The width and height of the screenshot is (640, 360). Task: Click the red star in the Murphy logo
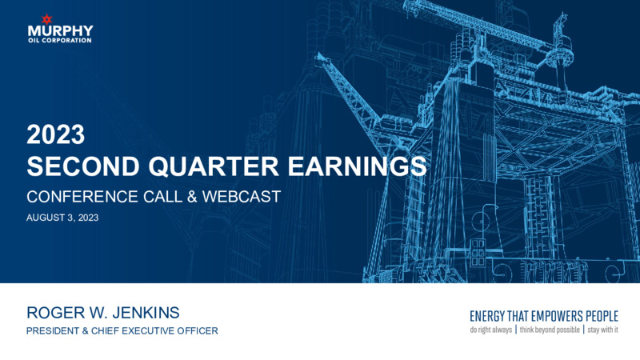tap(46, 19)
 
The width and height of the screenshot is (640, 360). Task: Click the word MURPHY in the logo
tap(61, 31)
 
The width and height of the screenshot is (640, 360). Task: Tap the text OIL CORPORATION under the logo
tap(60, 41)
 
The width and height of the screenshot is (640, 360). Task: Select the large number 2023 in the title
tap(55, 134)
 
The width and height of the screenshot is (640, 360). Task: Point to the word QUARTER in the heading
tap(214, 166)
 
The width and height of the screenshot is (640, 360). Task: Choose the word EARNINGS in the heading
tap(357, 166)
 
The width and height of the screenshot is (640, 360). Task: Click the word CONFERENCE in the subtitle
tap(82, 197)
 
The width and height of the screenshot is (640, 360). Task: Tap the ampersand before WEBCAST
tap(192, 197)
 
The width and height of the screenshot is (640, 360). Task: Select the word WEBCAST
tap(242, 197)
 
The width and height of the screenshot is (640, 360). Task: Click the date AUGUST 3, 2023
tap(62, 218)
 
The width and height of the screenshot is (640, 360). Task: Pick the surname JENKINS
tap(146, 313)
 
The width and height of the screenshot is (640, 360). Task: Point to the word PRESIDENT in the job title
tap(53, 330)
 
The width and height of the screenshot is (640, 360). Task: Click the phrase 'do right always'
tap(491, 330)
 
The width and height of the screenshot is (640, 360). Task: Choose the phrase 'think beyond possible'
tap(550, 330)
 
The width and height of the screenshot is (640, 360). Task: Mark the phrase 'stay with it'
tap(603, 330)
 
